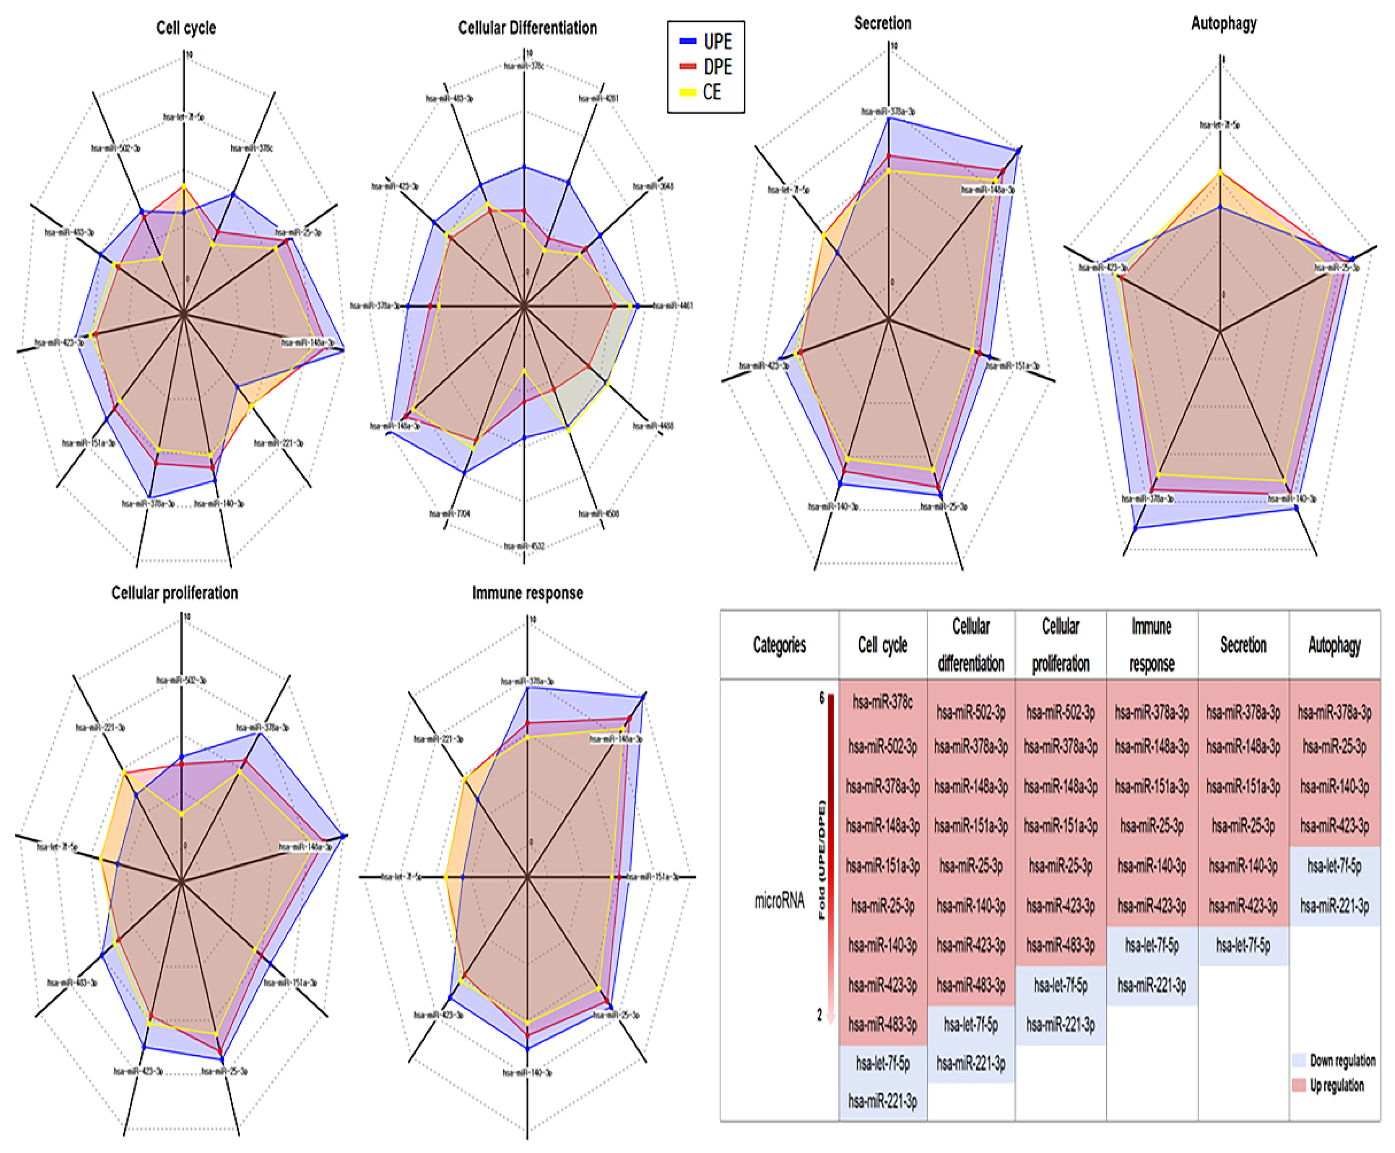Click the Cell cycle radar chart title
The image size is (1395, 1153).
pos(186,28)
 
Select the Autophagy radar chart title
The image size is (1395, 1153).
pos(1224,23)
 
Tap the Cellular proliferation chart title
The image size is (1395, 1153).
pos(175,593)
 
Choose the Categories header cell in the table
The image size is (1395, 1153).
pos(779,645)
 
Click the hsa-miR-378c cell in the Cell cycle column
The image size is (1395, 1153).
pos(883,702)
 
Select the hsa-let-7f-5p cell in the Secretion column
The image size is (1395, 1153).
pos(1243,945)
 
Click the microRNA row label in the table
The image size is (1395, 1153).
pos(779,901)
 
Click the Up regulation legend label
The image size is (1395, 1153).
pos(1336,1085)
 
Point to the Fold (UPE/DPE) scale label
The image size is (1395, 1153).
pos(822,860)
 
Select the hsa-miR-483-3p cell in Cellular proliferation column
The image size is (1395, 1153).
pos(1060,945)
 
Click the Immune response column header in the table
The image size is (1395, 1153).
pos(1152,645)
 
